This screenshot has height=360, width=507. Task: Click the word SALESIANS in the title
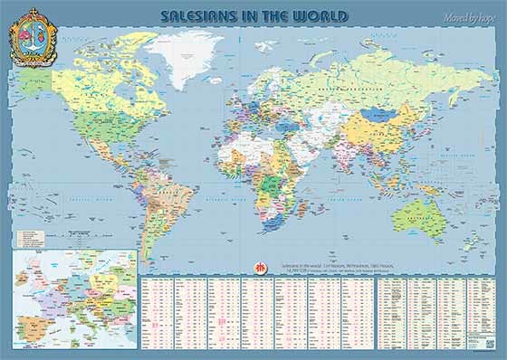click(200, 16)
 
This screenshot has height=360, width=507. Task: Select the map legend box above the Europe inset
click(33, 237)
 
